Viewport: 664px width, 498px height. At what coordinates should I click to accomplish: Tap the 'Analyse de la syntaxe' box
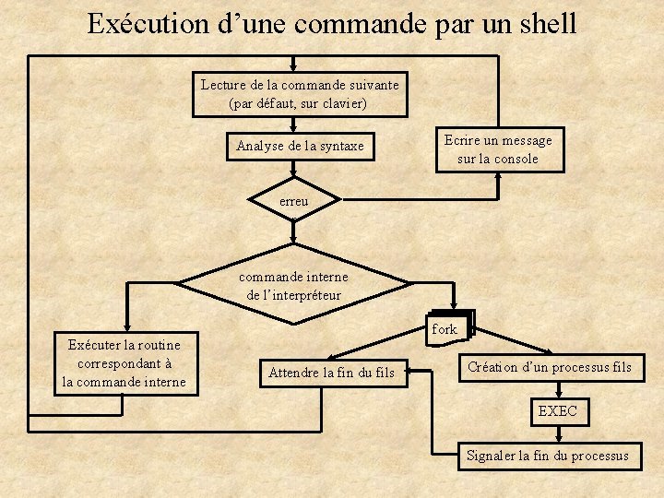click(300, 146)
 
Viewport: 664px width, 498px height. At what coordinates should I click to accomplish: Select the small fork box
click(445, 329)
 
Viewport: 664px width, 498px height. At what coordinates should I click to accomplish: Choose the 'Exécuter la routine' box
click(125, 363)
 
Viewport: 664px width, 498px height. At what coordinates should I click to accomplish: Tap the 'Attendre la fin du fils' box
click(331, 373)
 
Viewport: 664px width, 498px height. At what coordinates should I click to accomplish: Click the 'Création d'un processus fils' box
click(550, 367)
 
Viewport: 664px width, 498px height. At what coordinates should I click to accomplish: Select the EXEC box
click(557, 411)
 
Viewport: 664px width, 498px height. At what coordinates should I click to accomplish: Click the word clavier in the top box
click(345, 103)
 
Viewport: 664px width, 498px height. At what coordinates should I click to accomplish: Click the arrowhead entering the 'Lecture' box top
click(292, 66)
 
